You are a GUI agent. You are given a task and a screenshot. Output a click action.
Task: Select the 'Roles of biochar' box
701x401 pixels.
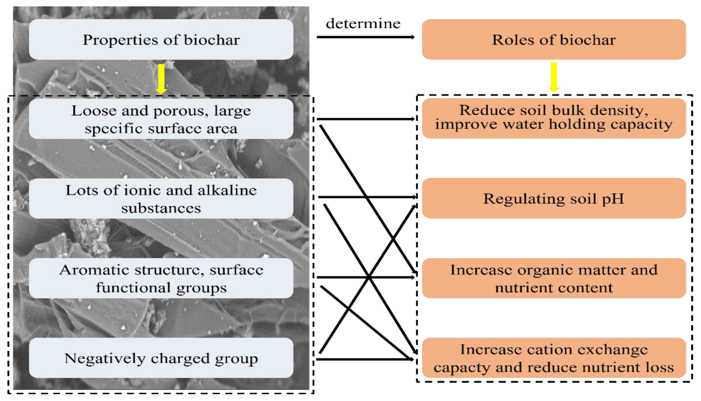pyautogui.click(x=554, y=39)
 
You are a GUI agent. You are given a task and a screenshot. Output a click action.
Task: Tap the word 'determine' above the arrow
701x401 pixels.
pyautogui.click(x=363, y=24)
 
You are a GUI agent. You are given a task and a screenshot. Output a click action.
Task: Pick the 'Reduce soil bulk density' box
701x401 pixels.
pyautogui.click(x=554, y=118)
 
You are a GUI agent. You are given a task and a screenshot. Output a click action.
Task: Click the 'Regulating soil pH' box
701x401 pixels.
pyautogui.click(x=554, y=198)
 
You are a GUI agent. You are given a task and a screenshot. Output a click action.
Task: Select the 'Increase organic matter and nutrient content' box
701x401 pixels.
pyautogui.click(x=554, y=278)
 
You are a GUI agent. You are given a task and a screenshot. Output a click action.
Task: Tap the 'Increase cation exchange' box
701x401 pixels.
pyautogui.click(x=554, y=358)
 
